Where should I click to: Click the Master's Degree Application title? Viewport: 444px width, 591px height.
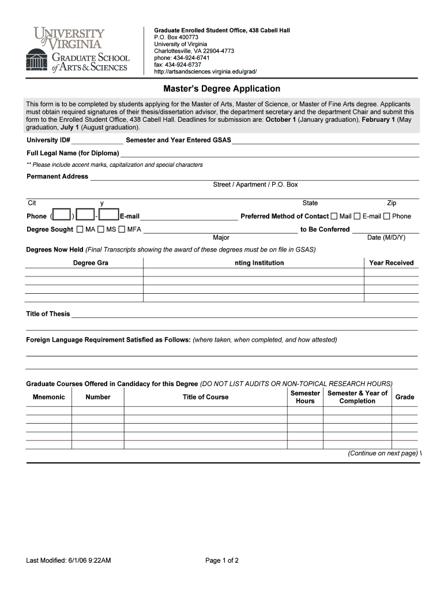pyautogui.click(x=222, y=89)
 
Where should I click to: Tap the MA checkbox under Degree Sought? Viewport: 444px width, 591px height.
pyautogui.click(x=80, y=230)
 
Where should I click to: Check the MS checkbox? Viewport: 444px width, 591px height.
pyautogui.click(x=101, y=230)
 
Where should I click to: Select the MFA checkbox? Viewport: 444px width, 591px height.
pyautogui.click(x=122, y=230)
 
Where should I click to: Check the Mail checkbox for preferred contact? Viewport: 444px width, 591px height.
pyautogui.click(x=334, y=216)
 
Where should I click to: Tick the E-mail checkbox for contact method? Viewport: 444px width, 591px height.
pyautogui.click(x=357, y=216)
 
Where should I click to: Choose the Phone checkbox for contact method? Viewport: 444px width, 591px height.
pyautogui.click(x=387, y=216)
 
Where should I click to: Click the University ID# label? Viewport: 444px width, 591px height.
pyautogui.click(x=48, y=140)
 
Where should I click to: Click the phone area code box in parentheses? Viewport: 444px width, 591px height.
pyautogui.click(x=62, y=215)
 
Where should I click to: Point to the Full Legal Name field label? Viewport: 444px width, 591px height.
pyautogui.click(x=73, y=154)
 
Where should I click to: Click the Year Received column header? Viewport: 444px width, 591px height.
pyautogui.click(x=392, y=263)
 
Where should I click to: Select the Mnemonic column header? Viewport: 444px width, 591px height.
pyautogui.click(x=48, y=397)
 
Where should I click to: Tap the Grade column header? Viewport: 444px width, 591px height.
pyautogui.click(x=405, y=397)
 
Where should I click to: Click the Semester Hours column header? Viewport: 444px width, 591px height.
pyautogui.click(x=305, y=397)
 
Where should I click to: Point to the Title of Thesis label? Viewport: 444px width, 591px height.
pyautogui.click(x=48, y=314)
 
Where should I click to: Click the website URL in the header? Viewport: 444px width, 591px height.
pyautogui.click(x=205, y=72)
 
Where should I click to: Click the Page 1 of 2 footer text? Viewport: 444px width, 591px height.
pyautogui.click(x=222, y=560)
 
